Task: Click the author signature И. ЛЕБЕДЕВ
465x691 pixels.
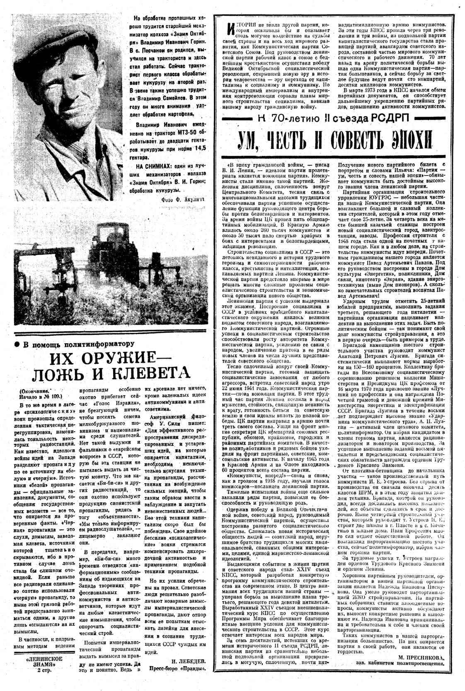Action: pyautogui.click(x=187, y=660)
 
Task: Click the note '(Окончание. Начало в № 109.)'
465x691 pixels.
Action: pyautogui.click(x=39, y=394)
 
